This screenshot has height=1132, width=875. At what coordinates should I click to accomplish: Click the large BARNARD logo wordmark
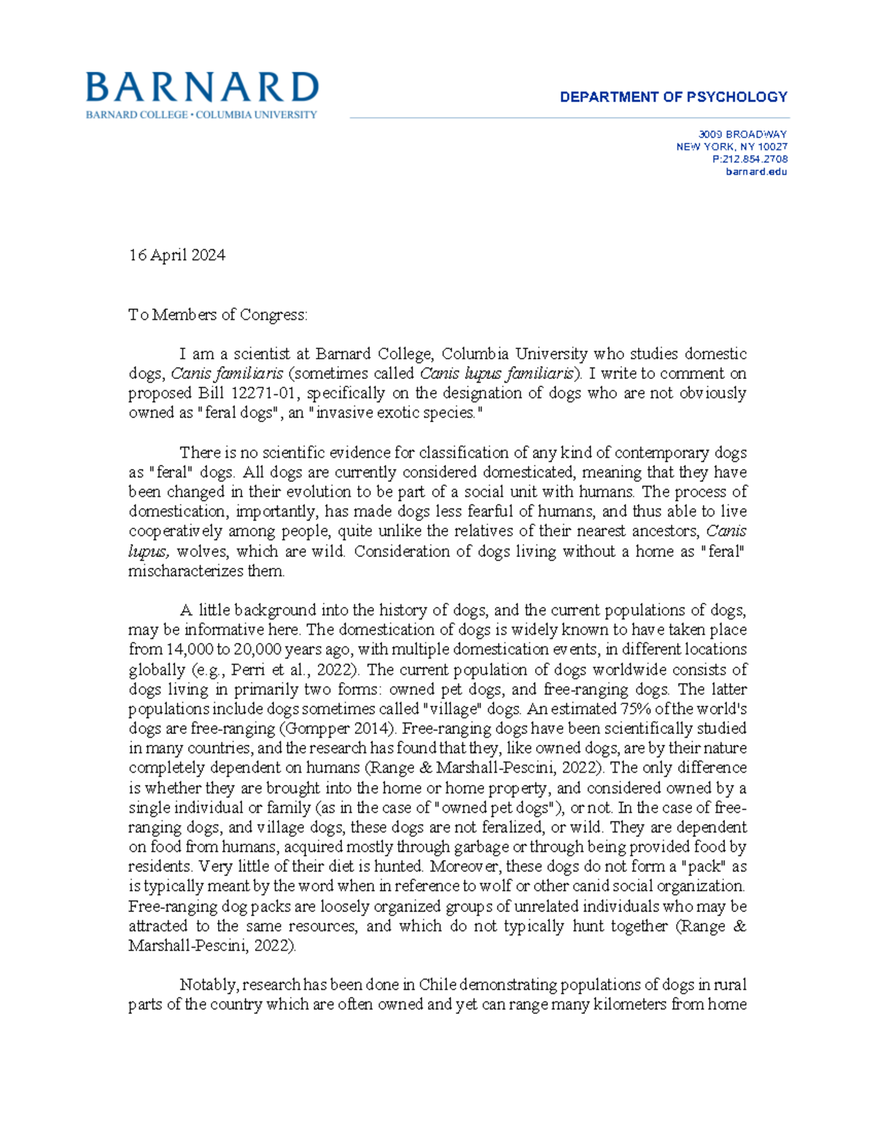tap(202, 87)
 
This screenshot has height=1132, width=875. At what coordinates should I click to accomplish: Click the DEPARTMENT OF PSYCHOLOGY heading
tap(673, 97)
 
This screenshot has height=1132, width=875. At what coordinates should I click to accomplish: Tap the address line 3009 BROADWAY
tap(742, 134)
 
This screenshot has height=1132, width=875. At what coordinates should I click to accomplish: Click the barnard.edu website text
tap(756, 172)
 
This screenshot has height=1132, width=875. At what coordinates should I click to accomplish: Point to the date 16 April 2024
tap(176, 255)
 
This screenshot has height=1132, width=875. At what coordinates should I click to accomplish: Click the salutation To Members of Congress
tap(218, 315)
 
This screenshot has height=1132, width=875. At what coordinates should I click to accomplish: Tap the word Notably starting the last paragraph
tap(209, 985)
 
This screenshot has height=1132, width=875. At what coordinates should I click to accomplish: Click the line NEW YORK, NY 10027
tap(731, 147)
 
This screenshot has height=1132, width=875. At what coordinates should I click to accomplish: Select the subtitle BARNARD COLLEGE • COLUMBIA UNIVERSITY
tap(201, 115)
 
